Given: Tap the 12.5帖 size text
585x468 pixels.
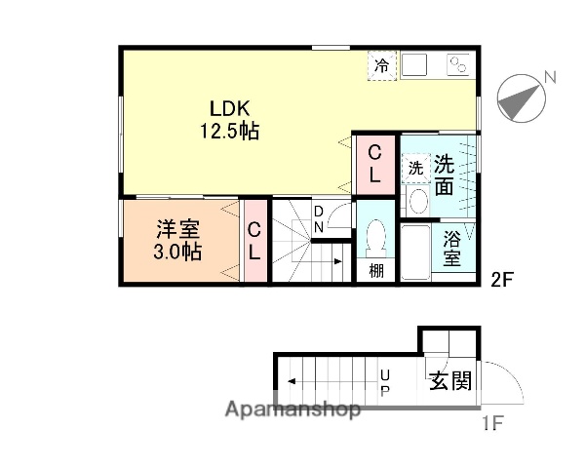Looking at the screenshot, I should click(x=230, y=132).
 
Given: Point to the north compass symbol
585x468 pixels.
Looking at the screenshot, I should click(x=520, y=97).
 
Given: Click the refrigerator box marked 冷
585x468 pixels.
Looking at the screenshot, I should click(x=382, y=65).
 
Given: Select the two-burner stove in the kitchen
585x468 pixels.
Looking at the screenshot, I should click(x=458, y=65).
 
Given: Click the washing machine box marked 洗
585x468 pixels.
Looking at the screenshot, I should click(x=415, y=168).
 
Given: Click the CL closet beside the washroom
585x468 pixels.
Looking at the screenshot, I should click(x=374, y=162).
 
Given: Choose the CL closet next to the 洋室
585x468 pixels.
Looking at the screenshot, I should click(x=253, y=242).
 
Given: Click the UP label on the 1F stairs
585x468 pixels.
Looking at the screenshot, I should click(x=385, y=381).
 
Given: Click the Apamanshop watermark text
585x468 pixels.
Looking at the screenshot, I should click(x=292, y=409).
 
